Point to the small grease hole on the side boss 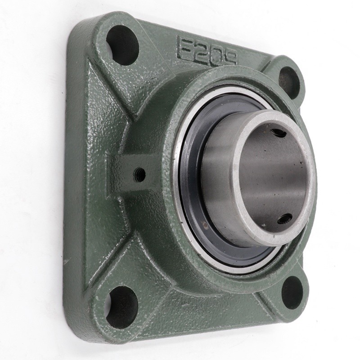140,174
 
